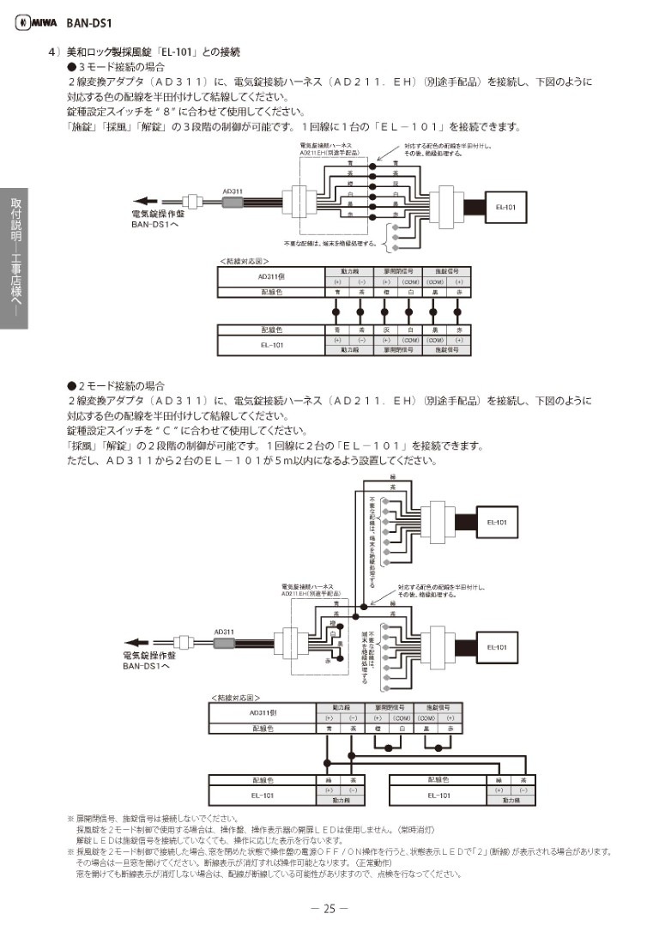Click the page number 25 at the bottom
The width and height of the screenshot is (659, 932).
tap(329, 908)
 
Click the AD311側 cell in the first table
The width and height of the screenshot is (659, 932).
tap(271, 277)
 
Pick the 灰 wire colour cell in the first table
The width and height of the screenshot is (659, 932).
tap(386, 330)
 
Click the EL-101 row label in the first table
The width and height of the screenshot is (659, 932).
tap(271, 344)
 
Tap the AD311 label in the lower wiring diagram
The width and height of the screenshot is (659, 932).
tap(224, 632)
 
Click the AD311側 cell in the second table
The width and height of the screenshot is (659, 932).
tap(263, 712)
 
